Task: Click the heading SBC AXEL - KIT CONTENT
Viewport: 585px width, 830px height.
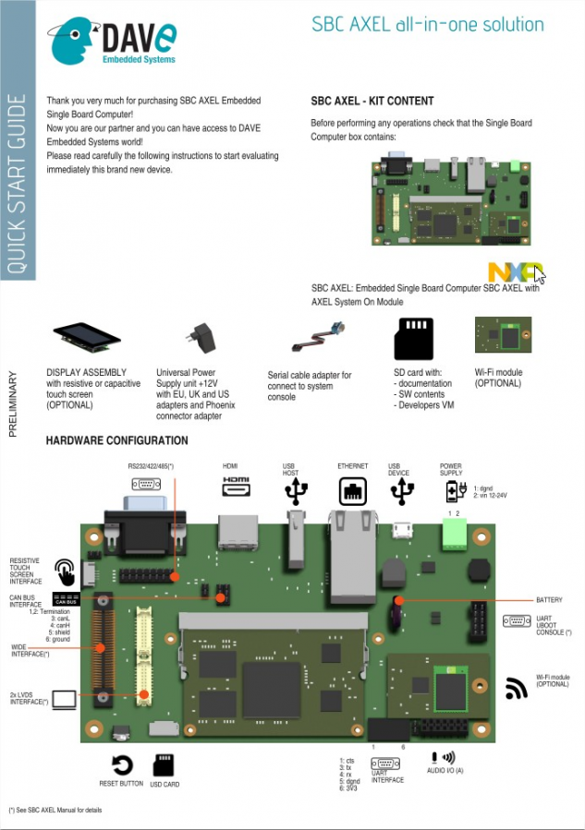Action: [x=372, y=101]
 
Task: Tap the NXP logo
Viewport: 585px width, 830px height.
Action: [x=512, y=272]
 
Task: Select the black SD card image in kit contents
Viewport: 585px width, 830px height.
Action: [x=413, y=339]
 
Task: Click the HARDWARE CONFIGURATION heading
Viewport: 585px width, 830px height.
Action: [x=116, y=440]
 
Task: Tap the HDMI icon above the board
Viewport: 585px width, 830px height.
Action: [x=237, y=482]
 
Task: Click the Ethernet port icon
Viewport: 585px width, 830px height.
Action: [x=353, y=491]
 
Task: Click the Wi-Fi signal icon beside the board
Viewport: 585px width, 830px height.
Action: [x=516, y=688]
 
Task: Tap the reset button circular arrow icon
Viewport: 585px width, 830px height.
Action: [x=122, y=764]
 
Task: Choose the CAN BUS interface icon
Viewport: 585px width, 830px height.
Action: [x=66, y=599]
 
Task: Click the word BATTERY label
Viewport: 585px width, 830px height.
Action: [x=549, y=600]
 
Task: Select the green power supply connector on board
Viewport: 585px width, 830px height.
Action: [x=454, y=534]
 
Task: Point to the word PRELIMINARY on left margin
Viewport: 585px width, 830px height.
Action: [x=12, y=403]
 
